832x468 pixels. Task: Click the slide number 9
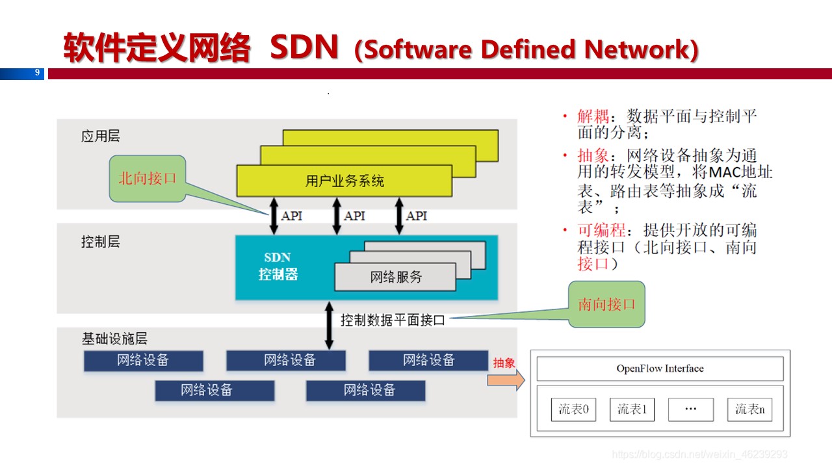tap(38, 73)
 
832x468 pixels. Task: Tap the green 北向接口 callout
tap(148, 178)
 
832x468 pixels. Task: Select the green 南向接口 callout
tap(606, 304)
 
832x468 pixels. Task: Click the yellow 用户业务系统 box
tap(344, 180)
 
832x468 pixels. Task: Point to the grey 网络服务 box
tap(395, 277)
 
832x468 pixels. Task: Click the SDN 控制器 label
tap(278, 266)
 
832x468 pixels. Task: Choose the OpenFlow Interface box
tap(660, 369)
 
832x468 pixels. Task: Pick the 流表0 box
tap(573, 409)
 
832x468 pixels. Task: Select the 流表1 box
tap(632, 409)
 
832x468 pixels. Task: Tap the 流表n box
tap(749, 409)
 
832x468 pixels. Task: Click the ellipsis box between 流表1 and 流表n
tap(690, 409)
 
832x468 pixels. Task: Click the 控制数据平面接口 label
tap(393, 320)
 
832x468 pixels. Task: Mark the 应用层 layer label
tap(101, 136)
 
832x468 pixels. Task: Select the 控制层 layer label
tap(101, 242)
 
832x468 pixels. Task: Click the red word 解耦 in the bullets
tap(593, 117)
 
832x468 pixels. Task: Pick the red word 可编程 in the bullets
tap(601, 230)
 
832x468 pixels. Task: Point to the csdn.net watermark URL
tap(699, 454)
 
